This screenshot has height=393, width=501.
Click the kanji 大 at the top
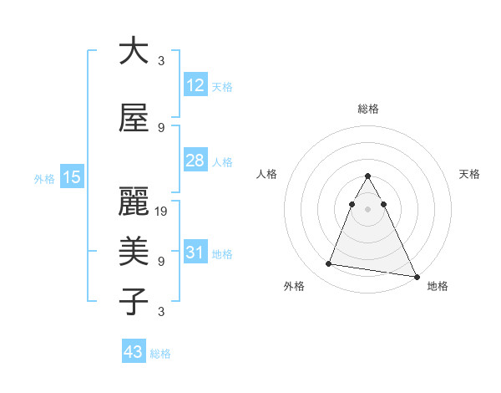point(134,51)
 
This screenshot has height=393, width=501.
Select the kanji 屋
point(134,118)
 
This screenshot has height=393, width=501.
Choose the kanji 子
point(134,302)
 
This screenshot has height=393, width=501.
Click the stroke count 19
point(162,211)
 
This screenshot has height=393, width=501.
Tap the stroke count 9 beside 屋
point(161,127)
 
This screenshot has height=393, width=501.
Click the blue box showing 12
point(195,85)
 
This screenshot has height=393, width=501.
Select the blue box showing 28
point(195,161)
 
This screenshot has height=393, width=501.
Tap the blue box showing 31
point(195,253)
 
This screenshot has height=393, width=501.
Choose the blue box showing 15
point(71,177)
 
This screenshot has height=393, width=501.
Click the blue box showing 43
point(133,352)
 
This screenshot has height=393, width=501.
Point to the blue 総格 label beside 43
point(160,354)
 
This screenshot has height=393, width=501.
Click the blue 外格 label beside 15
point(44,178)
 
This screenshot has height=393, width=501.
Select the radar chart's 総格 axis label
point(367,109)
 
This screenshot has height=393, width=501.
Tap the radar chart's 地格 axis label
point(438,287)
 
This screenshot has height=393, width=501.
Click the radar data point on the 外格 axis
point(328,264)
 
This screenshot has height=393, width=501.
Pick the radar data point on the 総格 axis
point(367,176)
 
